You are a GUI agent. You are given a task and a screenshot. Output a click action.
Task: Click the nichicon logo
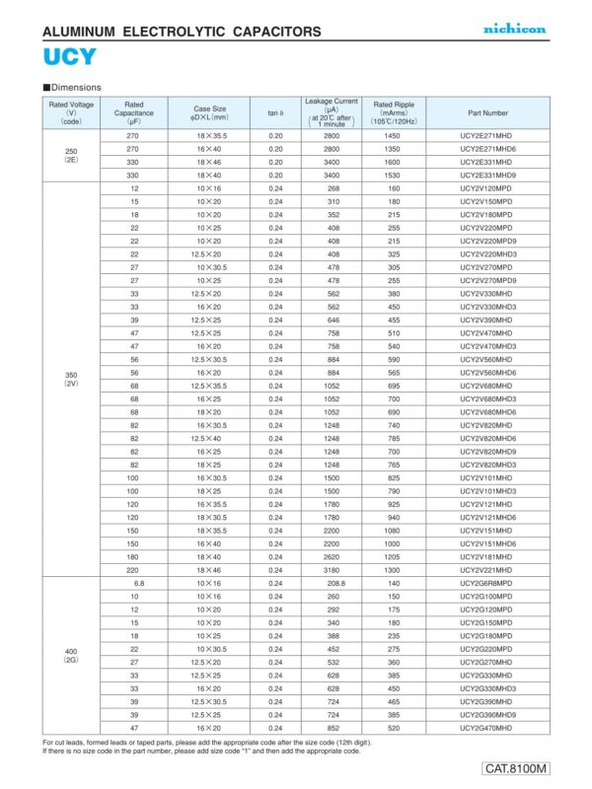click(x=514, y=29)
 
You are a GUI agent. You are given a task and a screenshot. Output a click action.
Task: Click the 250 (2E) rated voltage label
click(x=70, y=154)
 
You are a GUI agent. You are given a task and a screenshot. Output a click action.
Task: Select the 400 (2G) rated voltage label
click(x=70, y=654)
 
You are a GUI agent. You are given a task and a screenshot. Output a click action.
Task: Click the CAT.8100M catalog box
click(x=516, y=768)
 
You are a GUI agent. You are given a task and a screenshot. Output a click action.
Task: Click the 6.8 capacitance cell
click(x=138, y=584)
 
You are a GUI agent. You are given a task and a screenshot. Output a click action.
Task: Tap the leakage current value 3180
click(x=332, y=570)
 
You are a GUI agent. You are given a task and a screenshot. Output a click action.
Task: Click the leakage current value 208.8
click(x=332, y=584)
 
